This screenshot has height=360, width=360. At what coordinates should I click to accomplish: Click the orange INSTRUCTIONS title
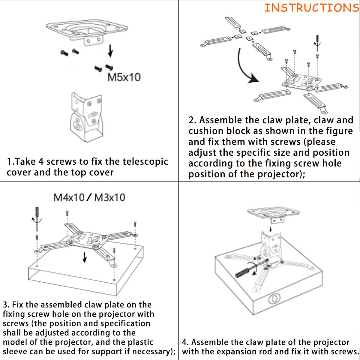point(311,8)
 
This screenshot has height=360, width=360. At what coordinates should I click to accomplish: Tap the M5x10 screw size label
point(124,77)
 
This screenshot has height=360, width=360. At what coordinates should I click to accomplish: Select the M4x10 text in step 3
point(69,197)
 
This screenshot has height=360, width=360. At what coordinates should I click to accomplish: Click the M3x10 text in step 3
point(109,197)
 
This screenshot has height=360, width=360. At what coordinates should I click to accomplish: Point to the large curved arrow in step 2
point(244,69)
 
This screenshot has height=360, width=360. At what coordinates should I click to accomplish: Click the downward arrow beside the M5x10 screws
point(110,51)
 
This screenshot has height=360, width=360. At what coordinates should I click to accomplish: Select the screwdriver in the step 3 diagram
point(37,216)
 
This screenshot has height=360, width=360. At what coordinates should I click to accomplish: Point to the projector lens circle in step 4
point(273,299)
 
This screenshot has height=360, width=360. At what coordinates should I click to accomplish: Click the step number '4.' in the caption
point(185,342)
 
